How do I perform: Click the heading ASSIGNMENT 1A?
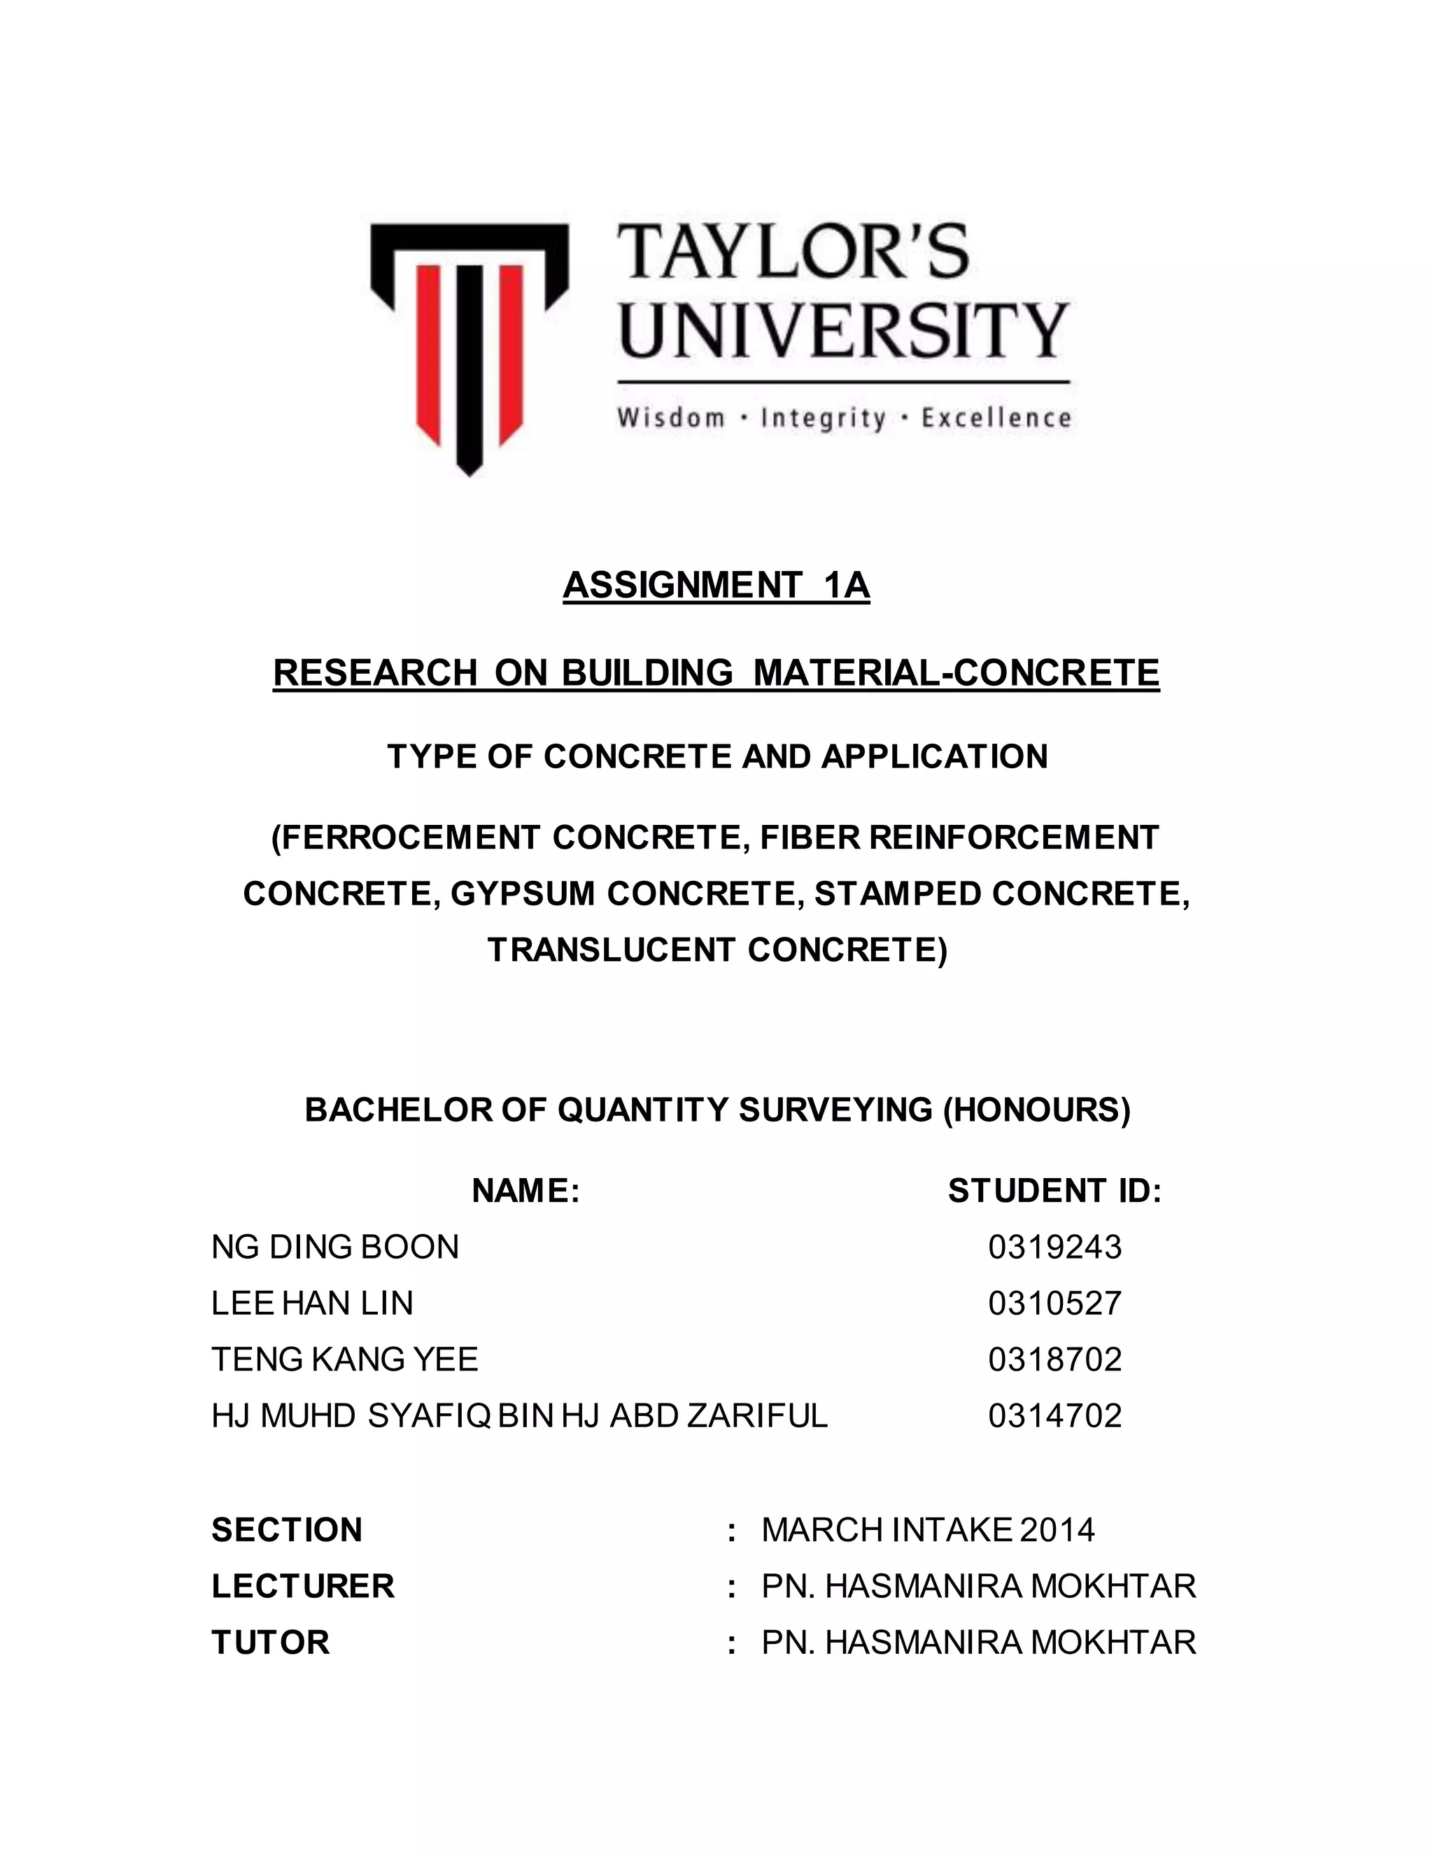[716, 586]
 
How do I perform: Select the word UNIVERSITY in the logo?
[843, 331]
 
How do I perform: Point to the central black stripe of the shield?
[470, 365]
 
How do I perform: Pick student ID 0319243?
[1054, 1247]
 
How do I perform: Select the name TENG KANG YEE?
[345, 1359]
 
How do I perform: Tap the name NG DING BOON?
[335, 1247]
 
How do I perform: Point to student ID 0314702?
[1054, 1415]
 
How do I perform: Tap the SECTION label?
[287, 1529]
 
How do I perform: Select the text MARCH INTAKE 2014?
[928, 1529]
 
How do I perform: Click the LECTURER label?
[303, 1586]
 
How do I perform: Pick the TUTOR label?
[270, 1642]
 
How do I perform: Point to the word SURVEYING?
[835, 1110]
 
